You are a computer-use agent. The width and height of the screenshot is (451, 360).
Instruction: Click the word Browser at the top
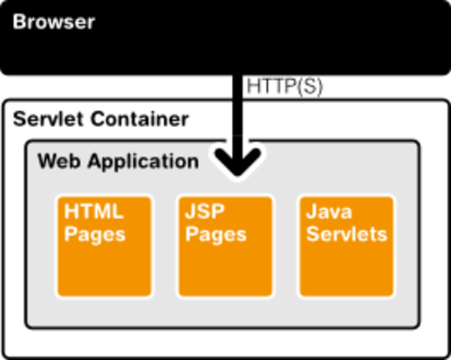click(53, 22)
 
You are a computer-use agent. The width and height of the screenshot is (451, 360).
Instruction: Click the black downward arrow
click(238, 154)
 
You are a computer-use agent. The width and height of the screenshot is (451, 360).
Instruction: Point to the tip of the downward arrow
click(238, 176)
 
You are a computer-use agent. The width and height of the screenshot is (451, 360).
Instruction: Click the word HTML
click(94, 211)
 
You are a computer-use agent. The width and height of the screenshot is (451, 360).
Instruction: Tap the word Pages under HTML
click(95, 234)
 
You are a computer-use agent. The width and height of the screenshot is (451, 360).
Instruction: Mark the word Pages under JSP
click(216, 234)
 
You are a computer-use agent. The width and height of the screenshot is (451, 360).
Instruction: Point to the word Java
click(329, 211)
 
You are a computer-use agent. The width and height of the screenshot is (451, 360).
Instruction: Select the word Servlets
click(346, 234)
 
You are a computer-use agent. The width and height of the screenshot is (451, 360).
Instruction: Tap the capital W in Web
click(47, 161)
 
